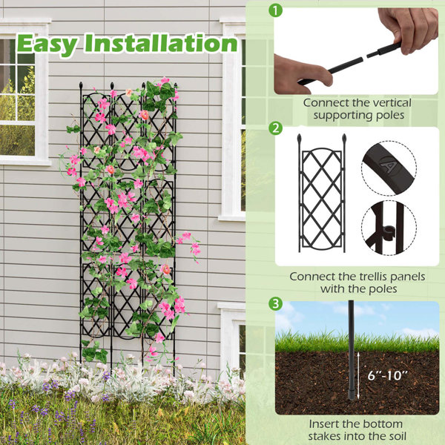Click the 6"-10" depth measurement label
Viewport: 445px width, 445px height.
[386, 375]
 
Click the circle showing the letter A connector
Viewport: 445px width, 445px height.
[389, 168]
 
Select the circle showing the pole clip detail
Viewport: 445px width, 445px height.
[389, 227]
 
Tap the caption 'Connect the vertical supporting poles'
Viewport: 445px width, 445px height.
[356, 109]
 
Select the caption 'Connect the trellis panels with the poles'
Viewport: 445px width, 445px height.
[357, 282]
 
